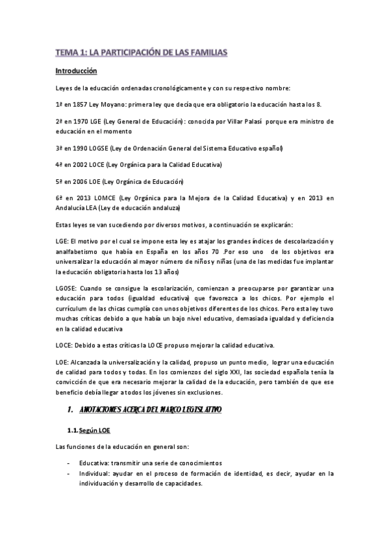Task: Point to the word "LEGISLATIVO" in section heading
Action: (x=194, y=410)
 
